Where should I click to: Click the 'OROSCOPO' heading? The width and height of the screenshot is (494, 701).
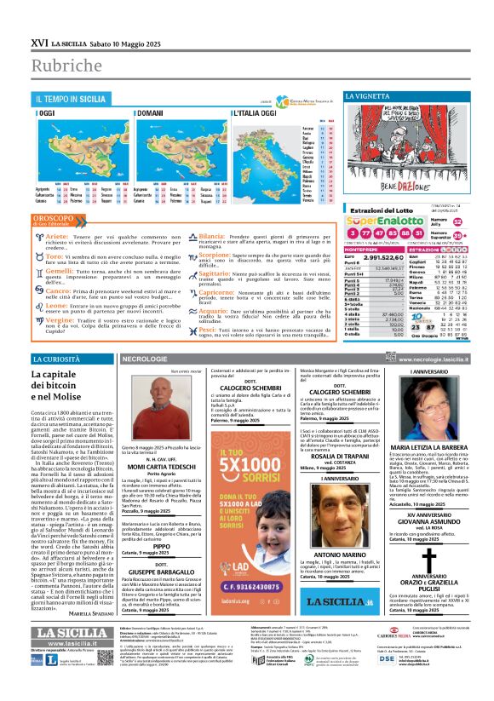[x=52, y=217]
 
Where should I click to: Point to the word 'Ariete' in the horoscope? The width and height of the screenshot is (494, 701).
[x=57, y=235]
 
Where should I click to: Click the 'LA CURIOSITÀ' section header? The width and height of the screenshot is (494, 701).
[x=56, y=359]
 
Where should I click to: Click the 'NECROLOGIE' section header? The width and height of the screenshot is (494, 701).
[x=145, y=359]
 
